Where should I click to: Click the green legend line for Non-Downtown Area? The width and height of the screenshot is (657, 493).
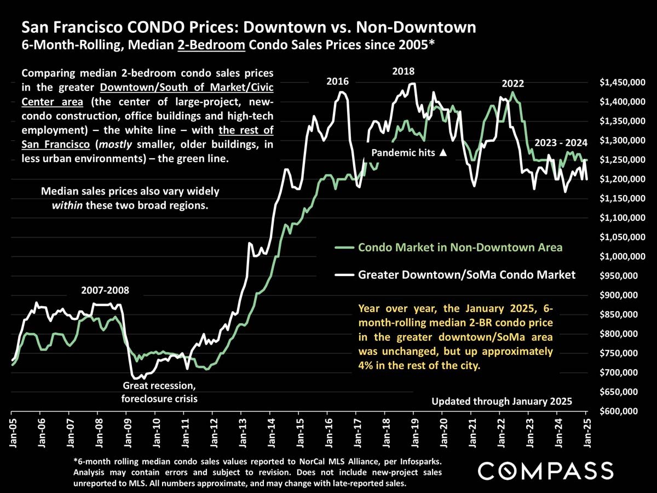pyautogui.click(x=344, y=248)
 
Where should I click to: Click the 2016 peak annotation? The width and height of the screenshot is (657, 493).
pyautogui.click(x=337, y=82)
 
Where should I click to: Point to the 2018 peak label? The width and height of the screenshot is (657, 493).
pyautogui.click(x=403, y=71)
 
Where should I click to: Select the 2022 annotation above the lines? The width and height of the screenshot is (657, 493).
pyautogui.click(x=513, y=84)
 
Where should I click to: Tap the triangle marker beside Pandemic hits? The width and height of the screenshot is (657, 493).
pyautogui.click(x=443, y=153)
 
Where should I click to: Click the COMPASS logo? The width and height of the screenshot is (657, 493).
pyautogui.click(x=545, y=470)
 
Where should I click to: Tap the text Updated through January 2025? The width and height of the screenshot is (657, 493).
pyautogui.click(x=502, y=402)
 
